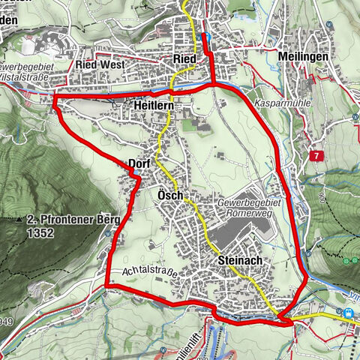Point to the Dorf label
[x=140, y=163]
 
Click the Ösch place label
[x=166, y=195]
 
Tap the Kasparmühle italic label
[x=277, y=100]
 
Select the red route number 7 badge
[x=317, y=154]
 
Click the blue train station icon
[x=348, y=313]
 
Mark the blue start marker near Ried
[x=206, y=37]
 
